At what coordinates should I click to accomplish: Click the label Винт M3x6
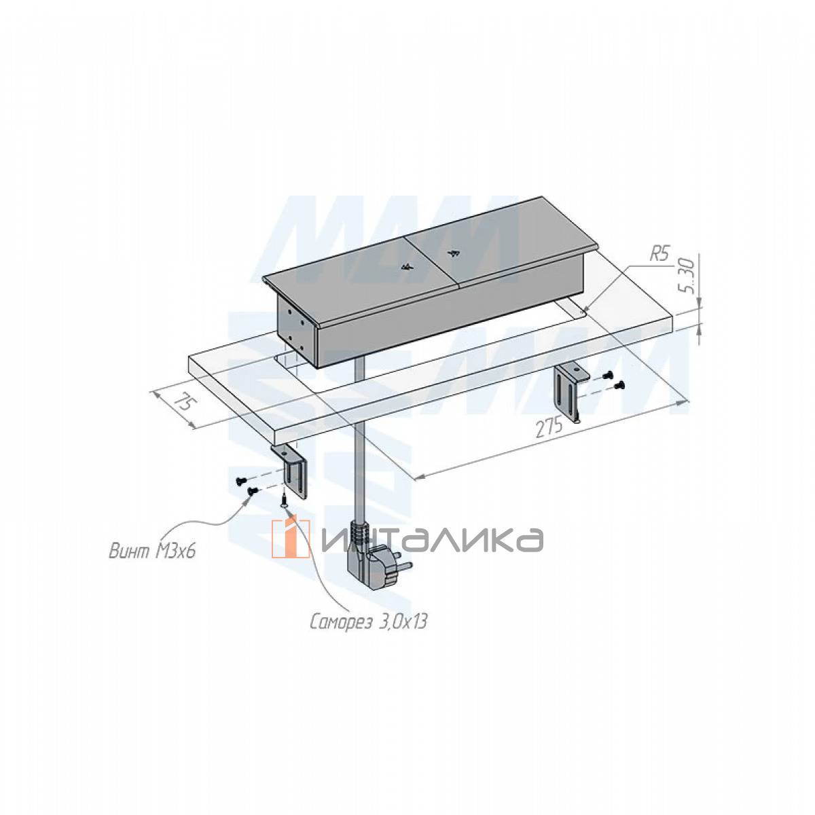[x=152, y=551]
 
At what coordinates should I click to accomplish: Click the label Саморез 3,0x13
[x=368, y=634]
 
